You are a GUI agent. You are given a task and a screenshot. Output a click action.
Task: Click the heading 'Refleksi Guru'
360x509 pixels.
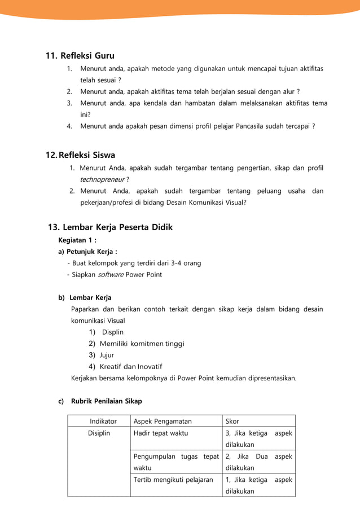(87, 55)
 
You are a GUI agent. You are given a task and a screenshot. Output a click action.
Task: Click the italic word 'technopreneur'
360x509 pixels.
(102, 179)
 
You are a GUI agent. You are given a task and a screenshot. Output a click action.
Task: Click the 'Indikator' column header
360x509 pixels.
(103, 421)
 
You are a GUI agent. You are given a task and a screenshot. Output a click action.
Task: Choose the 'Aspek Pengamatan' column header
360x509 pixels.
(163, 421)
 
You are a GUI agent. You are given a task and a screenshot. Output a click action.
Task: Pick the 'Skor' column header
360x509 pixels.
(232, 421)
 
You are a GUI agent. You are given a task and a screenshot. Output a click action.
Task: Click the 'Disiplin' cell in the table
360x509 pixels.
(99, 433)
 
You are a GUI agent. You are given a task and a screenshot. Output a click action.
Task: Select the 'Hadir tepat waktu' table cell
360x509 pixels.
(161, 433)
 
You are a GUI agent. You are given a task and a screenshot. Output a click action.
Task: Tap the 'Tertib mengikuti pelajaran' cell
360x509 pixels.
(173, 480)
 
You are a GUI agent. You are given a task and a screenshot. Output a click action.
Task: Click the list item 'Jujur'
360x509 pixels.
(107, 355)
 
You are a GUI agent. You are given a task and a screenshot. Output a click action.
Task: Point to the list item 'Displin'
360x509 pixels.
(112, 332)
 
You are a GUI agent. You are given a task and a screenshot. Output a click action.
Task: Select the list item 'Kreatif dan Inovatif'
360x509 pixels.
(134, 367)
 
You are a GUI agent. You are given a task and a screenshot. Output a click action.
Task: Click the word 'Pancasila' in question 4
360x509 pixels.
(227, 126)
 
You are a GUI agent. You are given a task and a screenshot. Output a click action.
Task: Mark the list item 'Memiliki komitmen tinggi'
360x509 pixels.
(142, 343)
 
